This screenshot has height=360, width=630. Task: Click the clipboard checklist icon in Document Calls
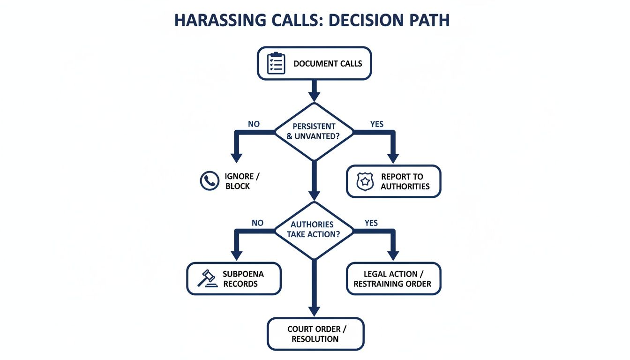pyautogui.click(x=276, y=63)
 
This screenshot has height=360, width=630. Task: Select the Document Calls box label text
pyautogui.click(x=328, y=64)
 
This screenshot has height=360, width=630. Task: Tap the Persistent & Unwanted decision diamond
pyautogui.click(x=314, y=132)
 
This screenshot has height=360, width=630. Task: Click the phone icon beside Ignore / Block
pyautogui.click(x=210, y=181)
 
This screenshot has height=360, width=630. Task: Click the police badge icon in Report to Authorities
pyautogui.click(x=365, y=181)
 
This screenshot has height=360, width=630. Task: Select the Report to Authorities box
pyautogui.click(x=393, y=181)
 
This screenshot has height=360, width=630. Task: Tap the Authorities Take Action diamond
pyautogui.click(x=314, y=230)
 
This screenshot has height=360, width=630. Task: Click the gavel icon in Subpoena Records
pyautogui.click(x=207, y=278)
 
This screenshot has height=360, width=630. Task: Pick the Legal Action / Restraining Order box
pyautogui.click(x=393, y=278)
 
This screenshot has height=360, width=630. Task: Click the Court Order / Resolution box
pyautogui.click(x=315, y=334)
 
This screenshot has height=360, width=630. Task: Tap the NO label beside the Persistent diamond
pyautogui.click(x=254, y=124)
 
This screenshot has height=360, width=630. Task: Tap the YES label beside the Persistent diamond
pyautogui.click(x=376, y=124)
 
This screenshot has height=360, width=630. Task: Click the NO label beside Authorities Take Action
pyautogui.click(x=257, y=223)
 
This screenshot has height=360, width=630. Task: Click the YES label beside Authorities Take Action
pyautogui.click(x=371, y=223)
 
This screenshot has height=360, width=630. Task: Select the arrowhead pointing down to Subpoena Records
pyautogui.click(x=237, y=255)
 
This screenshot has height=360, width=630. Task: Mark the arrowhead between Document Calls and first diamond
pyautogui.click(x=314, y=95)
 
